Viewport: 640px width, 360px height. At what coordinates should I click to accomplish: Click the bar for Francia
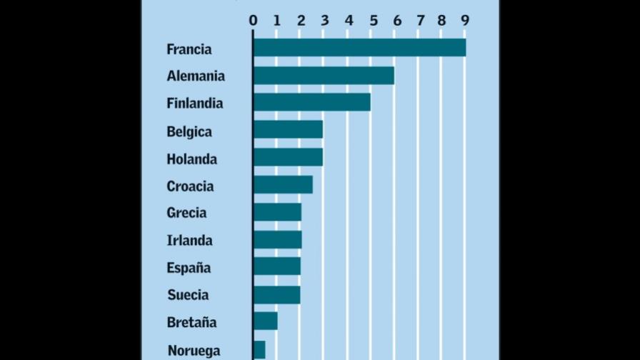click(359, 47)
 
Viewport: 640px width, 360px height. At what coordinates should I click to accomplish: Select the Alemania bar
click(324, 76)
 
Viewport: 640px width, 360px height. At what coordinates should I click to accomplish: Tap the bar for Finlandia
click(312, 102)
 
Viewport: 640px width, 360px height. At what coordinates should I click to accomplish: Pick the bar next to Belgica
click(288, 129)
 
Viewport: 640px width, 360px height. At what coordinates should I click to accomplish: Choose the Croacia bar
click(284, 184)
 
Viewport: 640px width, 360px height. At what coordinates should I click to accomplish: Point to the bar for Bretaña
click(266, 321)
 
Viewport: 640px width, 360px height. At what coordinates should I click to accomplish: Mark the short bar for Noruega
click(259, 350)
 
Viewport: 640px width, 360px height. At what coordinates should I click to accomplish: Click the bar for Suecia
click(277, 295)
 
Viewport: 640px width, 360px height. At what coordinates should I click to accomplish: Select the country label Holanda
click(192, 159)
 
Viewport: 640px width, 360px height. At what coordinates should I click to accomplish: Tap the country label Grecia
click(186, 213)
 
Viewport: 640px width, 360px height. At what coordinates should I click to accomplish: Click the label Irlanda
click(190, 241)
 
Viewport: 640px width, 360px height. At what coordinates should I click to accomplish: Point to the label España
click(189, 268)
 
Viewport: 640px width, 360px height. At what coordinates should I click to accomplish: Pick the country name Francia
click(189, 49)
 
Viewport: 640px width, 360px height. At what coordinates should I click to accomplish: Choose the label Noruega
click(194, 350)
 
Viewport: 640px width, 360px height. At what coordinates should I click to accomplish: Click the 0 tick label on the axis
click(253, 21)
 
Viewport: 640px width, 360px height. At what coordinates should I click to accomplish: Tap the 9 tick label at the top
click(465, 20)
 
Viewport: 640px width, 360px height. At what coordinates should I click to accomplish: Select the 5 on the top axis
click(374, 21)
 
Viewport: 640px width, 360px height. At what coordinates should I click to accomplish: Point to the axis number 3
click(325, 21)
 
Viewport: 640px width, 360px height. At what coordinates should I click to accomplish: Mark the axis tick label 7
click(421, 21)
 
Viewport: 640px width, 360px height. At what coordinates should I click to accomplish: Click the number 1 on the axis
click(276, 21)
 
